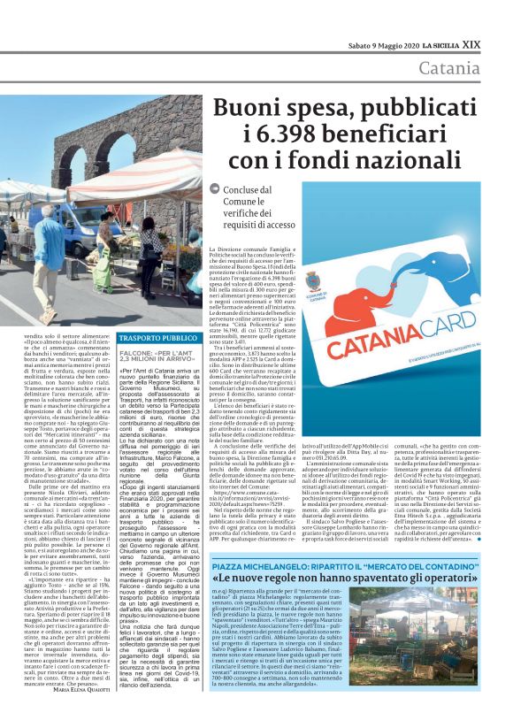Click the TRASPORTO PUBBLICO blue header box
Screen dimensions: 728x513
[158, 338]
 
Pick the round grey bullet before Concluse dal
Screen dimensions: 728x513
[215, 189]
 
